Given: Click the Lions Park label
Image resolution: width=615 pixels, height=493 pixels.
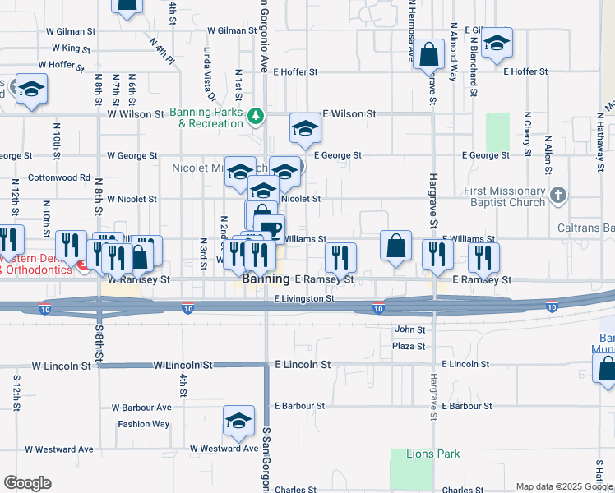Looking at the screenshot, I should [433, 454].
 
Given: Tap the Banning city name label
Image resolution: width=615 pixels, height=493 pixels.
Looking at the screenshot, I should [266, 280].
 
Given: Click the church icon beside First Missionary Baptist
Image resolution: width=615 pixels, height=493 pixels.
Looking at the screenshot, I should [559, 196].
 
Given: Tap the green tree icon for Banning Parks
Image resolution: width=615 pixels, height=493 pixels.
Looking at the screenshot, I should [257, 117].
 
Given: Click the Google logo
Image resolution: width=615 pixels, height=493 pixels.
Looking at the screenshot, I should [27, 483].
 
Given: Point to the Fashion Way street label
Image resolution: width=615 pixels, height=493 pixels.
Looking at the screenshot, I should [143, 424].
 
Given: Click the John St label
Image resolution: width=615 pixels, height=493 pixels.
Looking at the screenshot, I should [409, 329].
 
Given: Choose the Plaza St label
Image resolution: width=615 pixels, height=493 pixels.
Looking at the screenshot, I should [408, 347].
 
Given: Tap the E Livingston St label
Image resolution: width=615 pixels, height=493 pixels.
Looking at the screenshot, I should [304, 299].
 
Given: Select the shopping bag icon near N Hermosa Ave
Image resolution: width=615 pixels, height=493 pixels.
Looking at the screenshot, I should [428, 57].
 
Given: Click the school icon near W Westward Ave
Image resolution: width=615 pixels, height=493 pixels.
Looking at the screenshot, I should [238, 422].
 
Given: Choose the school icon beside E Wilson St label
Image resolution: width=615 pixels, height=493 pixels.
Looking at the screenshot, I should [304, 129].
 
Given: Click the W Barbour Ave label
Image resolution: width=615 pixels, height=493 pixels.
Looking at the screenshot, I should [141, 407].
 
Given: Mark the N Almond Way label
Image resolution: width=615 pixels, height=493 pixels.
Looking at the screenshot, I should [453, 51].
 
